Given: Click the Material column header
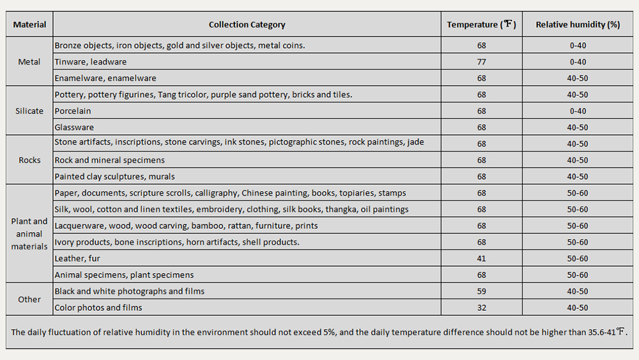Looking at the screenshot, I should point(29,25).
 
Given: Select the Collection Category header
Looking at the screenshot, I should point(247,25).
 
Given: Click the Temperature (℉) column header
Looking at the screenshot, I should point(481,25).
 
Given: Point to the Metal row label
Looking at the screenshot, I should point(29,62).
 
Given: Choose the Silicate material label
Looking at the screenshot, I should point(29,111).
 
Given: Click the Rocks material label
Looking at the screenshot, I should point(29,160).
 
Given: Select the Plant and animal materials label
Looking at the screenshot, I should point(29,234).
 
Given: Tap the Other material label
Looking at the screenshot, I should point(29,299).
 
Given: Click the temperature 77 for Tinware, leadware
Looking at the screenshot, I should point(481,62).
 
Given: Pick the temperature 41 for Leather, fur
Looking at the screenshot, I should point(481,258).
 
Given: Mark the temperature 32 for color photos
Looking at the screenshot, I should point(481,308).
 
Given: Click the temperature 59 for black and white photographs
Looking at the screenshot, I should point(481,292).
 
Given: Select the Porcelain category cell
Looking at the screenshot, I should point(73,111).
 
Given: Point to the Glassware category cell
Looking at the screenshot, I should point(74,127).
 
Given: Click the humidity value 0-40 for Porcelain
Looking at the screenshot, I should point(578,111).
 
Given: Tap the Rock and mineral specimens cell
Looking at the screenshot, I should point(109,160).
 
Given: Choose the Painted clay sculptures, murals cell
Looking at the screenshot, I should point(114,176).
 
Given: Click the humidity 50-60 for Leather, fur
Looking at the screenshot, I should point(578,258).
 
